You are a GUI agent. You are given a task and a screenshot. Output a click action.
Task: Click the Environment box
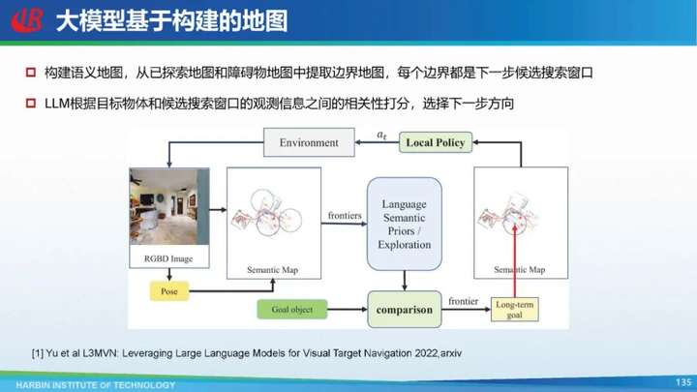pyautogui.click(x=309, y=142)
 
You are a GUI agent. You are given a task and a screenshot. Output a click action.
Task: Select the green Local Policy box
pyautogui.click(x=436, y=142)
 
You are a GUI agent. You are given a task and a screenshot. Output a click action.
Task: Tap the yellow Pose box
pyautogui.click(x=168, y=291)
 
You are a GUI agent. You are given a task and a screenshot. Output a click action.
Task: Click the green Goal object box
pyautogui.click(x=292, y=310)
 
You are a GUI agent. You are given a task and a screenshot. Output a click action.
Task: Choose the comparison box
pyautogui.click(x=405, y=310)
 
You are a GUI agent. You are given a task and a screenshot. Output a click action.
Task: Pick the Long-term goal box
pyautogui.click(x=515, y=310)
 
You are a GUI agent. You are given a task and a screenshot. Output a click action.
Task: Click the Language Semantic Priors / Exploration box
pyautogui.click(x=405, y=224)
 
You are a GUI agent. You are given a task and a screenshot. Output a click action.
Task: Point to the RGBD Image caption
pyautogui.click(x=168, y=258)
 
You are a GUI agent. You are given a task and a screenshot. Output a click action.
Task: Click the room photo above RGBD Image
pyautogui.click(x=169, y=206)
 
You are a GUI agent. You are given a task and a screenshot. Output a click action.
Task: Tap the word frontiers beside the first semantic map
pyautogui.click(x=345, y=216)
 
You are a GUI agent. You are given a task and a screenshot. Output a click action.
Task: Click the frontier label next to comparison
pyautogui.click(x=463, y=301)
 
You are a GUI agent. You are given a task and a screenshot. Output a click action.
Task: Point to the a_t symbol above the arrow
pyautogui.click(x=381, y=135)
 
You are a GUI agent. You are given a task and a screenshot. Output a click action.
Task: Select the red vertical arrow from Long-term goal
pyautogui.click(x=515, y=261)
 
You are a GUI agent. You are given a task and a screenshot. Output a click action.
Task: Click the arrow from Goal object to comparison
pyautogui.click(x=348, y=310)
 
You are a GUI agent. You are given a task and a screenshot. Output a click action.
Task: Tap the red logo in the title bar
pyautogui.click(x=27, y=20)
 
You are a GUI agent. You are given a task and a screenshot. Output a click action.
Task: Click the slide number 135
pyautogui.click(x=683, y=382)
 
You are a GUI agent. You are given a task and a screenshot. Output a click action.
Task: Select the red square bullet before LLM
pyautogui.click(x=31, y=104)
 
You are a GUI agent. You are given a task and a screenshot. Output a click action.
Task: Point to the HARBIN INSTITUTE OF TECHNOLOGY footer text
pyautogui.click(x=96, y=385)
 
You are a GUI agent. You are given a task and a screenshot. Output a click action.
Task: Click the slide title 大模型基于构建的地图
pyautogui.click(x=171, y=21)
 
